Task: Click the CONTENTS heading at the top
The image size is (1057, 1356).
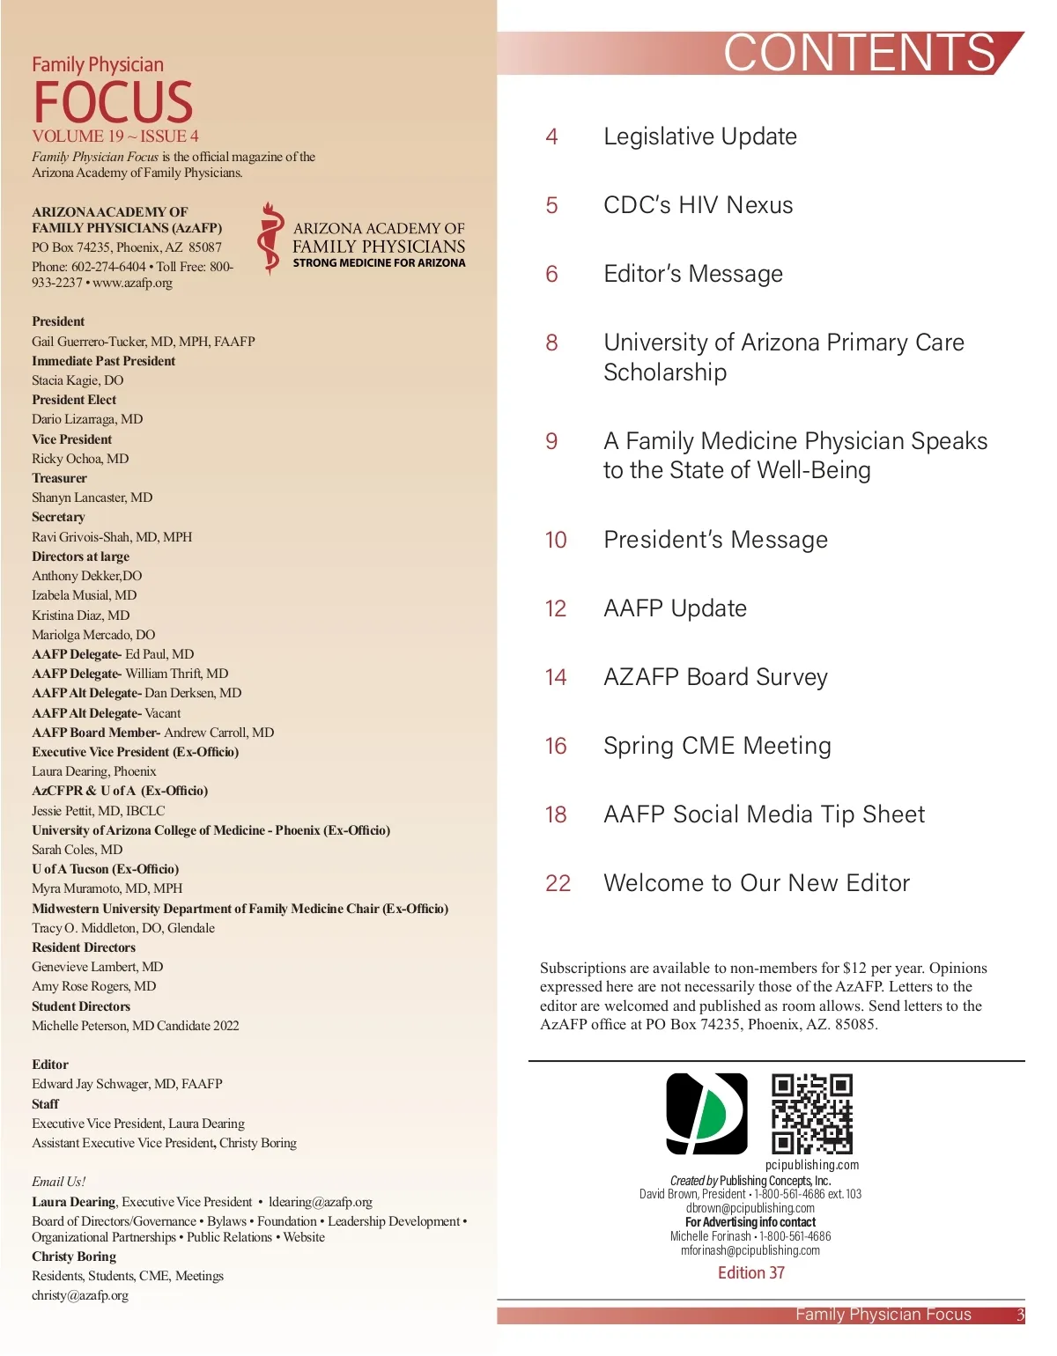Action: [x=860, y=53]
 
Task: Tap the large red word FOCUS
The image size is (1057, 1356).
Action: [x=113, y=102]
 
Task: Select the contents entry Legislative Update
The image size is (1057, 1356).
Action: [x=699, y=136]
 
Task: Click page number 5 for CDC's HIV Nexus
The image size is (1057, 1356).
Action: [x=551, y=205]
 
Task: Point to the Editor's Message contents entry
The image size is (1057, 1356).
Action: [x=692, y=274]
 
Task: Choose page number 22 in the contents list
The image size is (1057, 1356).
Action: [x=558, y=883]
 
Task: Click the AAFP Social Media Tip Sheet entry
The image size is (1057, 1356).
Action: [x=764, y=814]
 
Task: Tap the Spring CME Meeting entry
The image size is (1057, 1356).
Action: [x=717, y=746]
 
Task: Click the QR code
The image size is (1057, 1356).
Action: [x=812, y=1113]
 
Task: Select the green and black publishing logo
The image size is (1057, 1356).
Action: [x=706, y=1113]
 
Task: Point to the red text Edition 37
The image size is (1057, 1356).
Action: [x=750, y=1272]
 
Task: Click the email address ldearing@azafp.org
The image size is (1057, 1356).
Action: [x=321, y=1202]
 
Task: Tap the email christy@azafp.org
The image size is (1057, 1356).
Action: [x=80, y=1295]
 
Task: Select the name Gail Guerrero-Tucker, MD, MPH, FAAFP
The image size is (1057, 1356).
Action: [x=144, y=342]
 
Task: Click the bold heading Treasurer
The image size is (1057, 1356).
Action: [x=59, y=478]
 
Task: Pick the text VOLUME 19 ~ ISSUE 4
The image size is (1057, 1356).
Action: [x=115, y=136]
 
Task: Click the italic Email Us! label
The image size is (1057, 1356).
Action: [x=58, y=1182]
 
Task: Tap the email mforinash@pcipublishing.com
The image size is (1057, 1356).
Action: [x=750, y=1250]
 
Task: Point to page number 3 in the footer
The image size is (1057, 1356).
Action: [x=1020, y=1315]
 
